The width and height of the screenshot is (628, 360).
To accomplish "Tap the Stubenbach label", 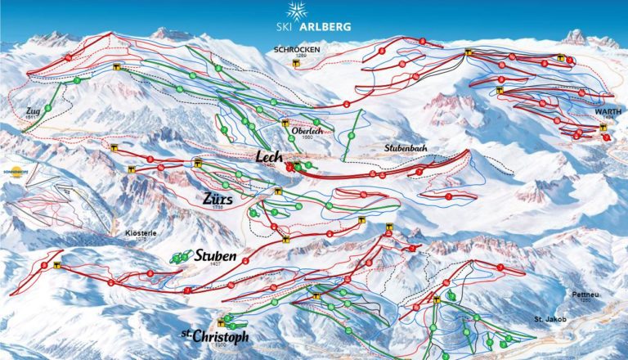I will point(407,148).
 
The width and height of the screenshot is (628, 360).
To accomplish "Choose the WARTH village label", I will point(608,112).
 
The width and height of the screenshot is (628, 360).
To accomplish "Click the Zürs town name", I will point(219,198).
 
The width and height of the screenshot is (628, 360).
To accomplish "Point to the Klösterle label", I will point(140,233).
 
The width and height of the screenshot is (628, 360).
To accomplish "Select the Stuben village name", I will point(216,256).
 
